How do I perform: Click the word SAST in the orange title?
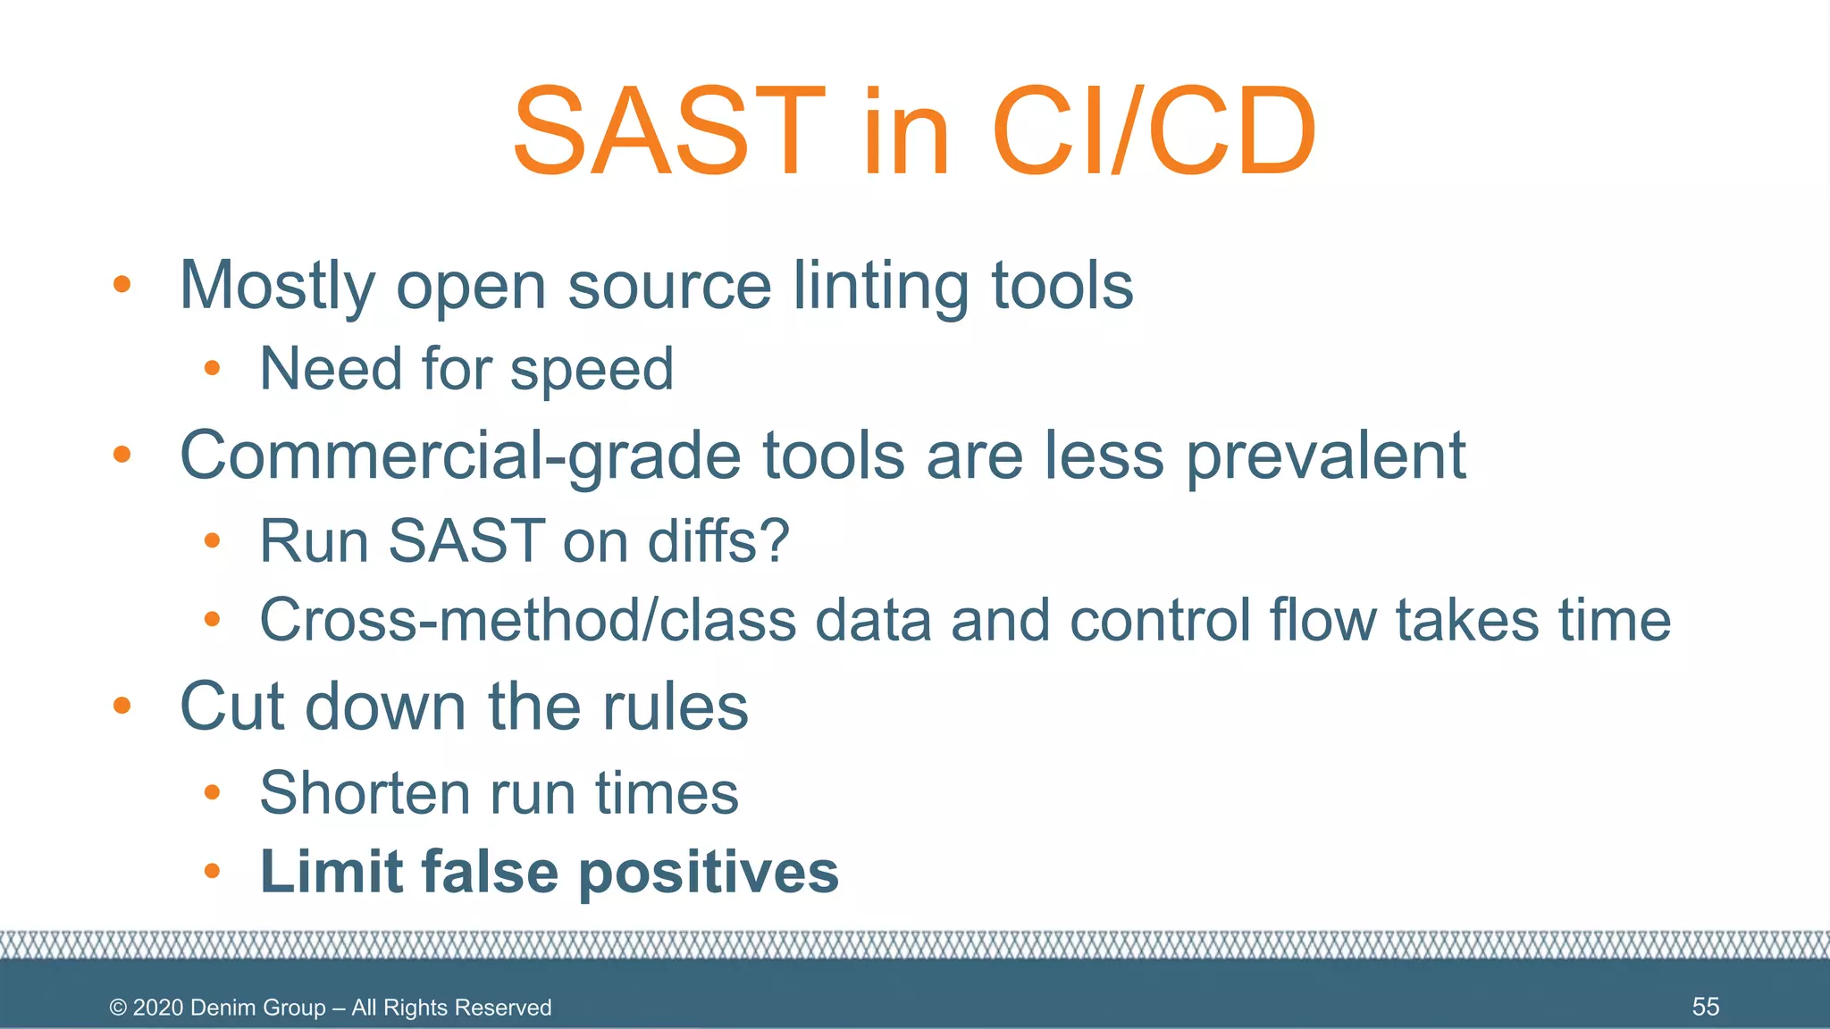click(x=668, y=132)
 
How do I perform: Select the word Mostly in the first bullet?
click(x=277, y=286)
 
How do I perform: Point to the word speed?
click(x=592, y=370)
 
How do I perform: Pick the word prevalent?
click(x=1326, y=456)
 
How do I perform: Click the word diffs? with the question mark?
click(x=718, y=541)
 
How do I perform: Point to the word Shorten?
click(x=365, y=793)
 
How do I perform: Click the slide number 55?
click(x=1705, y=1007)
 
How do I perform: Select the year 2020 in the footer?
click(x=158, y=1008)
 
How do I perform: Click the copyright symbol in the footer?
click(x=118, y=1008)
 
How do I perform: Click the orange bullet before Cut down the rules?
click(x=122, y=707)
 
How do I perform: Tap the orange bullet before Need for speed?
click(x=212, y=368)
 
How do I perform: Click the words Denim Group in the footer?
click(x=257, y=1008)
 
